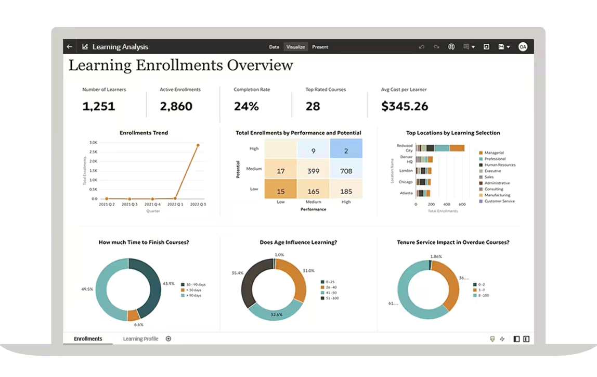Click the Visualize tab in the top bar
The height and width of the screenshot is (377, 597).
coord(295,47)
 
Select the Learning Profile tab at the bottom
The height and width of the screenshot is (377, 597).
coord(140,339)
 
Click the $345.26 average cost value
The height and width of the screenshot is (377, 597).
coord(405,107)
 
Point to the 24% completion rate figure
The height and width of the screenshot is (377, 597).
coord(246,107)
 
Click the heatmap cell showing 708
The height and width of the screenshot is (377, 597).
coord(346,171)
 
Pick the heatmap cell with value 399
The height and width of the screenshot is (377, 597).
coord(313,171)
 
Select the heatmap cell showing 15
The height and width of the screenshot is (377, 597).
coord(280,191)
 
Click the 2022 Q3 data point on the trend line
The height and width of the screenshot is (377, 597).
coord(198,145)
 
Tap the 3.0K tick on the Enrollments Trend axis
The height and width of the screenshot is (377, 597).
coord(94,142)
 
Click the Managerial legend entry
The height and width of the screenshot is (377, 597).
coord(494,153)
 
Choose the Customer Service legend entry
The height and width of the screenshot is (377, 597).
coord(500,201)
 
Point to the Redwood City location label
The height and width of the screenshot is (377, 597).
coord(405,148)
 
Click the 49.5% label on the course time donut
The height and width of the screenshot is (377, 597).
coord(87,288)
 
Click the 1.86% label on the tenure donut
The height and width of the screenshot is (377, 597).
coord(436,256)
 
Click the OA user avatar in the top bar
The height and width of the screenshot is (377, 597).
coord(523,47)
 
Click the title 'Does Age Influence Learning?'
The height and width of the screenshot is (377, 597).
coord(298,242)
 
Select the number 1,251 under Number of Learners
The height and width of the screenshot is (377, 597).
coord(98,107)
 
